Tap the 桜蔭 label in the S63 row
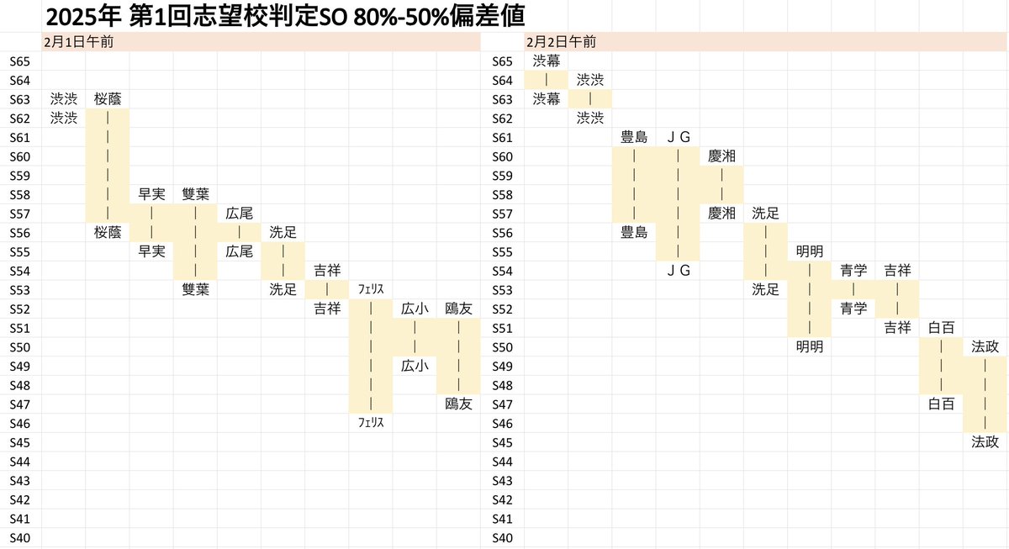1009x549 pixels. [108, 98]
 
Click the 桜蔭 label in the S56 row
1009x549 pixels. [108, 232]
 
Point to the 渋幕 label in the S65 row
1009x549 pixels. [547, 61]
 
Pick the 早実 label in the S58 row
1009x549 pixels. [151, 194]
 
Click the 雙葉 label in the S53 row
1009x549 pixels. [195, 289]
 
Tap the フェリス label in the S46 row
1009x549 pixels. [371, 423]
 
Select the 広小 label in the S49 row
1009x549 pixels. [415, 366]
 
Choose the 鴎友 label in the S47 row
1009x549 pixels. [459, 404]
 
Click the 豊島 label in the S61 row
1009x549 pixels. [634, 137]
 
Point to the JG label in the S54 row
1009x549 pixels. [678, 270]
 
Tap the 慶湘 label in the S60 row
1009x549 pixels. [721, 156]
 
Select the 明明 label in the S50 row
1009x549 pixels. [809, 346]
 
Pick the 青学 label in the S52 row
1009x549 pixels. [853, 309]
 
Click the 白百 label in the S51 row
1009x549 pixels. [941, 327]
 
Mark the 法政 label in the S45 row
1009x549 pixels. [985, 441]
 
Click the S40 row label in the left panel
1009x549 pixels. [19, 537]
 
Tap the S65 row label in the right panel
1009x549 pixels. [502, 61]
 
